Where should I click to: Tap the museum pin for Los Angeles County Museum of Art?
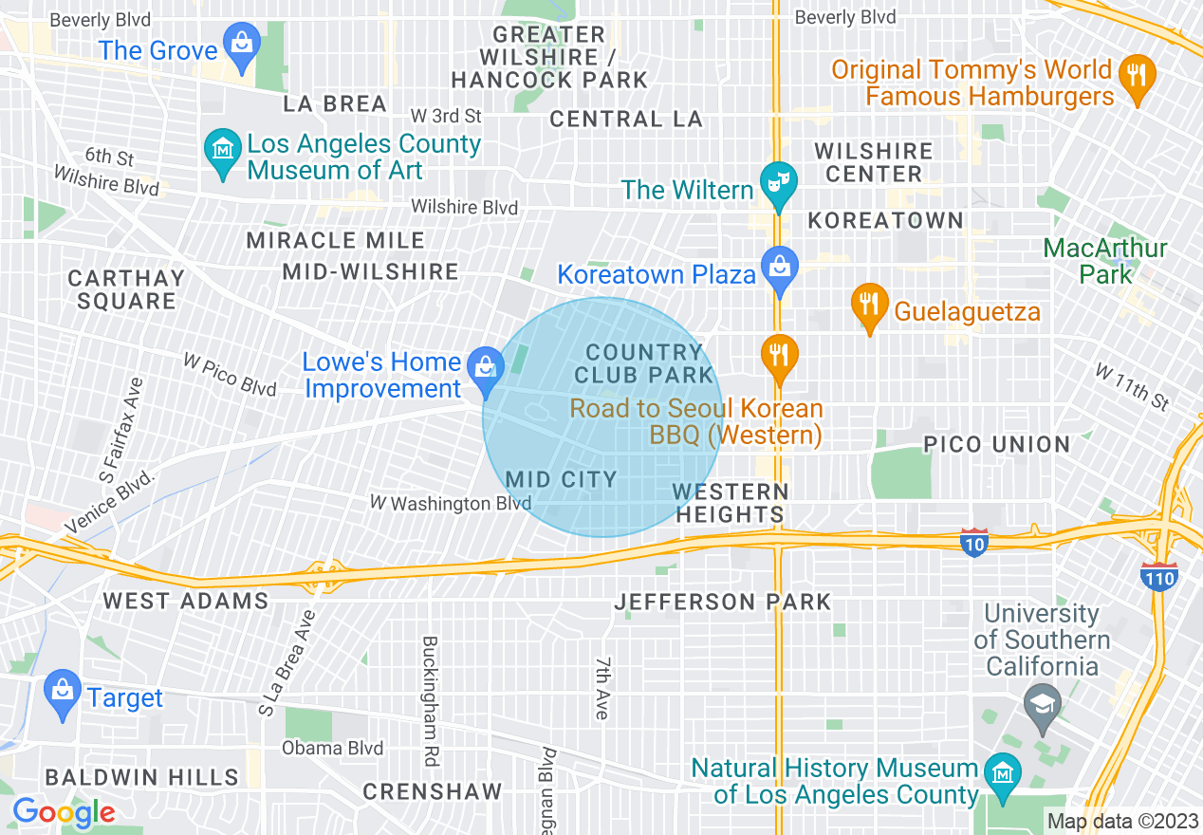(x=223, y=152)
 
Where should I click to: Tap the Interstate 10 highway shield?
(x=974, y=543)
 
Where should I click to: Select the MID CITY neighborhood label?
(x=562, y=479)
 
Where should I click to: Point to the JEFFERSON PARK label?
(x=722, y=602)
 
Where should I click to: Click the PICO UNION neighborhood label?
(x=996, y=444)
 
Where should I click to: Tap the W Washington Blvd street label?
(x=451, y=503)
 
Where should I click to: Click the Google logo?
(x=63, y=812)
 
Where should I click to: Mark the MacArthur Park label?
(x=1105, y=262)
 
